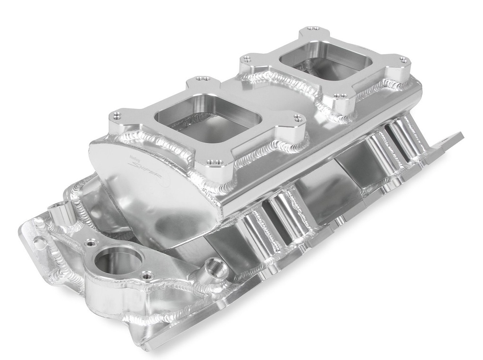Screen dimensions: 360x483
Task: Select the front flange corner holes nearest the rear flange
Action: tap(297, 118)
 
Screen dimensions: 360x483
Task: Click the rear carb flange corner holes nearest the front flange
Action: tap(245, 59)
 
